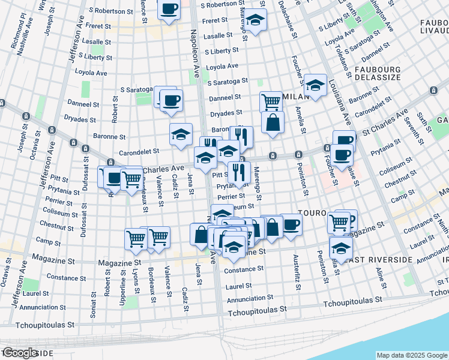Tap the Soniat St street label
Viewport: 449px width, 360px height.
pos(94,292)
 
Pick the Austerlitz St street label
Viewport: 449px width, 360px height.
pos(297,272)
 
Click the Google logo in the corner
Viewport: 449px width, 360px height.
pos(21,353)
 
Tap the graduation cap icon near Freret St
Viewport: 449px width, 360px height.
pos(256,21)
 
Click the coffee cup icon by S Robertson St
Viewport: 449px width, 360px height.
pos(169,9)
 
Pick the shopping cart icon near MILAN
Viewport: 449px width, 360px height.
pos(271,101)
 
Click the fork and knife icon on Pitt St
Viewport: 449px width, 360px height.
pos(239,173)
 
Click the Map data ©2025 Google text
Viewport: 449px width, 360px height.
pos(412,355)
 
